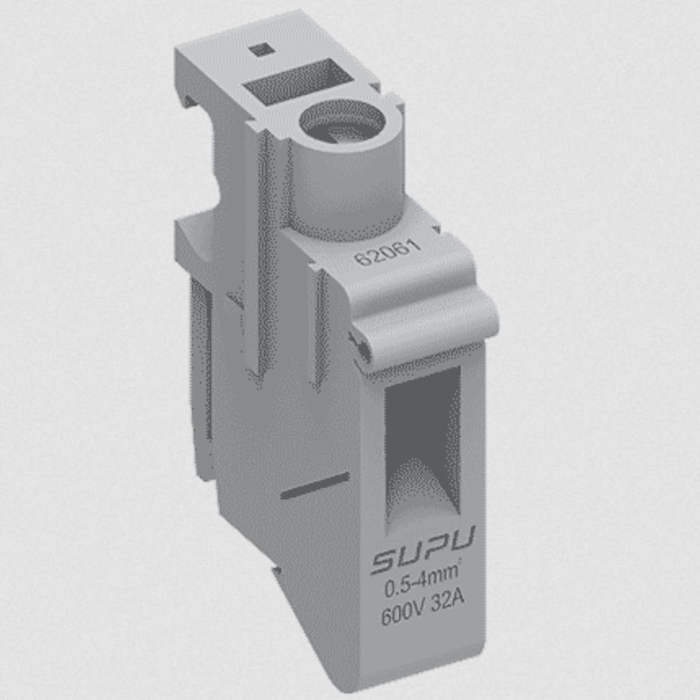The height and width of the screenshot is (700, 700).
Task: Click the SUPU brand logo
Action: [x=424, y=561]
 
